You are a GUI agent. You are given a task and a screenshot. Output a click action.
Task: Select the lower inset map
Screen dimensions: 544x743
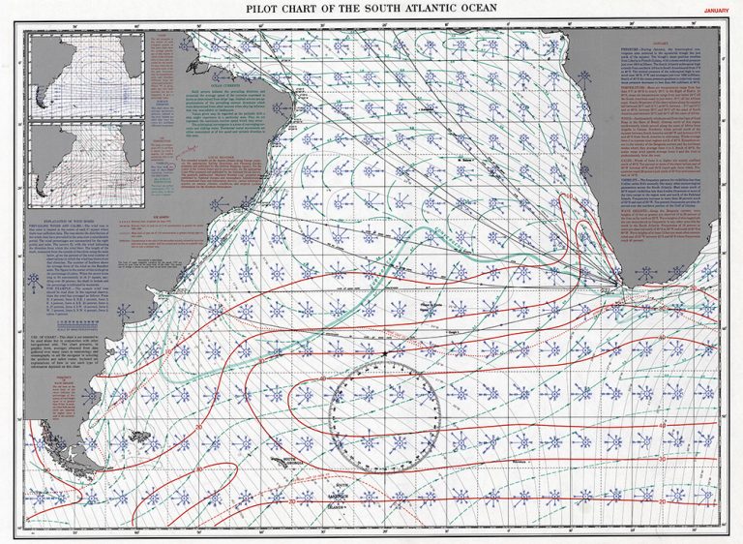pyautogui.click(x=86, y=164)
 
